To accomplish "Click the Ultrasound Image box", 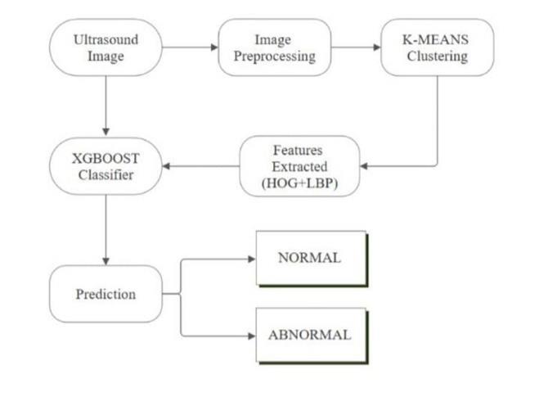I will [x=105, y=47].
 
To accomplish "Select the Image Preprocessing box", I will [x=274, y=47].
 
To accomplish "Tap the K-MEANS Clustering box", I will [x=437, y=47].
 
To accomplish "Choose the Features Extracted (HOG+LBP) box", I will [x=299, y=166].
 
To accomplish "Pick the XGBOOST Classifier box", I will [x=105, y=166].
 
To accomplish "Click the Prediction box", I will [x=105, y=294].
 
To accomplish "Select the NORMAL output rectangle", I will [x=310, y=258].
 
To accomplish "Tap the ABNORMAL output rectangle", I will [x=310, y=335].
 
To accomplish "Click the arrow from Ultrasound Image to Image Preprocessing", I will [x=189, y=47].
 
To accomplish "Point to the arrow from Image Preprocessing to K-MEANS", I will [x=356, y=47].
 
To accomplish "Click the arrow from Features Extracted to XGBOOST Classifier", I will [x=200, y=166].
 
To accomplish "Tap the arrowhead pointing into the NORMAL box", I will [x=251, y=259].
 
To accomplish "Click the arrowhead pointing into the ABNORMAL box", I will [x=251, y=335].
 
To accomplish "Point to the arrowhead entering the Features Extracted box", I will [x=365, y=166].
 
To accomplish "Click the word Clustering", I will [x=437, y=56].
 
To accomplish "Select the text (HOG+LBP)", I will [x=299, y=184].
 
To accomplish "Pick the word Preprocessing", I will [x=274, y=56].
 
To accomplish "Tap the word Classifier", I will [x=105, y=176].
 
